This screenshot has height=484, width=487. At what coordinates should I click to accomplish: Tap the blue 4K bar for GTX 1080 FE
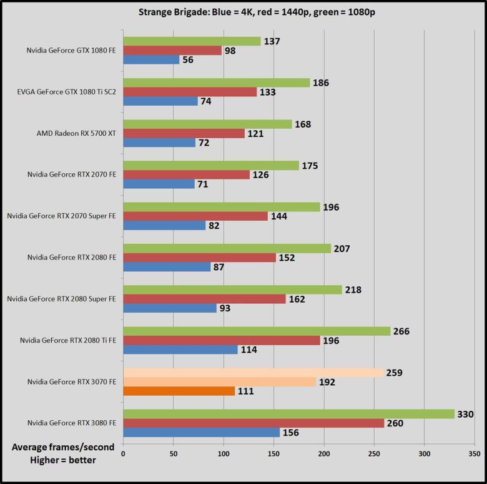click(x=151, y=59)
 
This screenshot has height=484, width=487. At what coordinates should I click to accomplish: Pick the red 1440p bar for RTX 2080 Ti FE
click(x=222, y=340)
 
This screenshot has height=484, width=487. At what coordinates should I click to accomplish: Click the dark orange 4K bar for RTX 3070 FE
click(x=179, y=391)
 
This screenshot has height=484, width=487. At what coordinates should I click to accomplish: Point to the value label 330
click(x=466, y=413)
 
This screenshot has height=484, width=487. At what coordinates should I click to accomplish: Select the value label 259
click(x=395, y=372)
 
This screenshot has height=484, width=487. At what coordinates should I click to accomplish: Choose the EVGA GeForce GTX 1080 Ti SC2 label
click(x=67, y=92)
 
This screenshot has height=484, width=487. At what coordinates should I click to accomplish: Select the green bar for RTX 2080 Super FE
click(x=232, y=290)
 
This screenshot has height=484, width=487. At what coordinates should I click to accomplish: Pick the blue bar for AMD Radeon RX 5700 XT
click(x=159, y=143)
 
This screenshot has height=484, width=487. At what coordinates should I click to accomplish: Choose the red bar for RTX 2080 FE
click(x=199, y=258)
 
